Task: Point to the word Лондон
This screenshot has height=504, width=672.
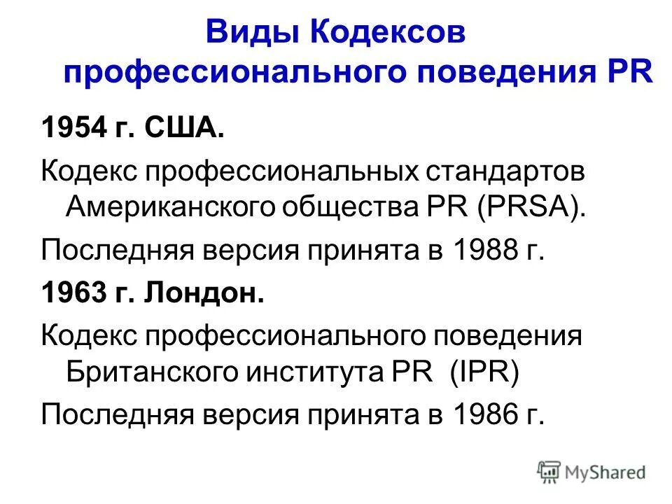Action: coord(204,293)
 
